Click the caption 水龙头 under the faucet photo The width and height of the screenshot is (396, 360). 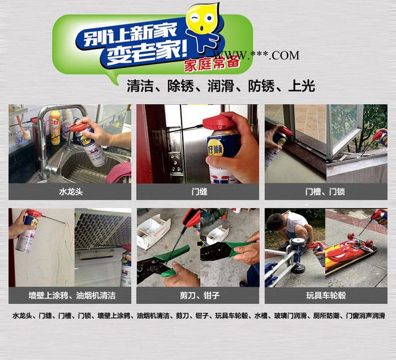coord(71,192)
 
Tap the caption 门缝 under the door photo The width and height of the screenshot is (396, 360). coord(199,192)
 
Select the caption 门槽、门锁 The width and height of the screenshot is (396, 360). coord(325,192)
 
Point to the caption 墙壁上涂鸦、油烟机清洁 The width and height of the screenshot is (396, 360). coord(72,295)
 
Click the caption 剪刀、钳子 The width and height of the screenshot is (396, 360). coord(200,295)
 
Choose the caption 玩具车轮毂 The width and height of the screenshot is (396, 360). coord(326,295)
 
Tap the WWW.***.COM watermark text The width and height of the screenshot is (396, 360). coord(256,55)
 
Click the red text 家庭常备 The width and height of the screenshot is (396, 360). coord(212,64)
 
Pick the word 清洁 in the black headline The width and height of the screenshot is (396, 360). coord(140,86)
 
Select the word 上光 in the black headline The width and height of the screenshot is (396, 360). coord(302,86)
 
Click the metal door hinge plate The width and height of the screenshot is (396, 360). coord(176,165)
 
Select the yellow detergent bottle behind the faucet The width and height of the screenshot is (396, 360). coord(55,127)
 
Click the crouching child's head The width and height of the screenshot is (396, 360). coord(276,222)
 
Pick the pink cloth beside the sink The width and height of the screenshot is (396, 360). coord(118,172)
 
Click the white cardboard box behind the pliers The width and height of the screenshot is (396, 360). coord(153,230)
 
